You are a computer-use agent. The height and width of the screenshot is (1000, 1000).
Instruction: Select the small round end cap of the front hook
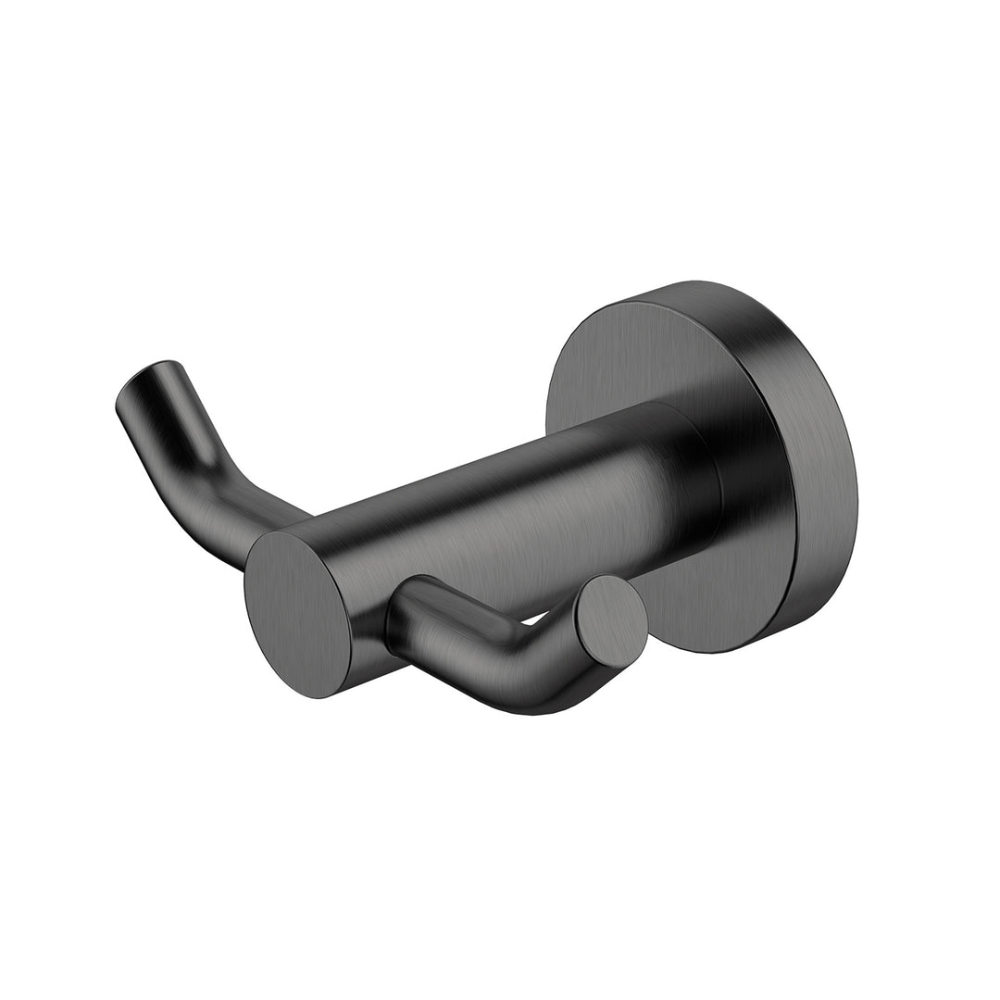click(609, 618)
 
